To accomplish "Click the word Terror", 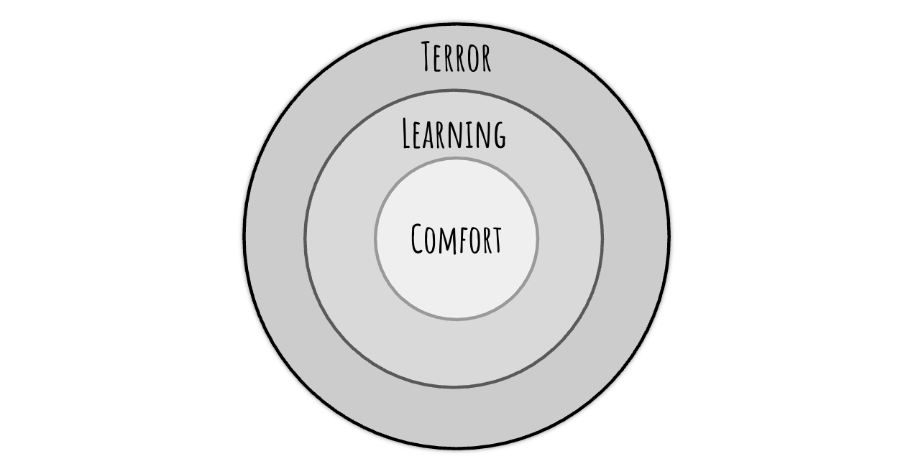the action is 456,57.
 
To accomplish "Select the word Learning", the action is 454,134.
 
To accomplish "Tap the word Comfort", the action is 456,239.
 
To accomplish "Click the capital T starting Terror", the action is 429,57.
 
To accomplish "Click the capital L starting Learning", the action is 407,134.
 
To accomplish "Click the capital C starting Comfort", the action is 419,238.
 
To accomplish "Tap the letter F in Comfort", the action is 463,241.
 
